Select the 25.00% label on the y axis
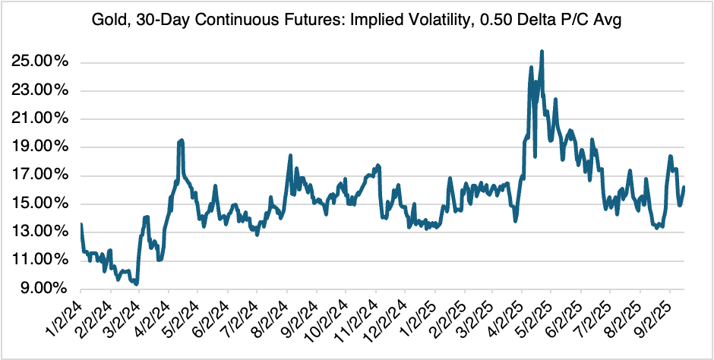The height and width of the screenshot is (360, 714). [x=43, y=62]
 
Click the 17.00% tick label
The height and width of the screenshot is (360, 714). [x=43, y=175]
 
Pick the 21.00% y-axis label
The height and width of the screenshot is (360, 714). [x=43, y=119]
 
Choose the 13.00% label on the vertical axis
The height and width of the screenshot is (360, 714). [x=43, y=232]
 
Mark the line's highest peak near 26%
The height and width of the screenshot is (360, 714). [x=542, y=52]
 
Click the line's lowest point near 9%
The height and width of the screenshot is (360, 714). [x=136, y=284]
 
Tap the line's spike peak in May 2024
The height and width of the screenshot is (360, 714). [x=181, y=141]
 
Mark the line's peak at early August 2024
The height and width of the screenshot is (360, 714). [x=290, y=156]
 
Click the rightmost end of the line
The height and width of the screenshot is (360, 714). [x=684, y=188]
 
